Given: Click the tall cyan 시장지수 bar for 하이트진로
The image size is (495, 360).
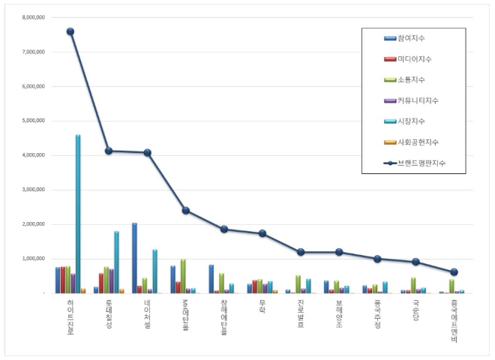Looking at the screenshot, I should tap(78, 214).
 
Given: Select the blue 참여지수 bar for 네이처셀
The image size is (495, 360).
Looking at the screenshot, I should tap(135, 258).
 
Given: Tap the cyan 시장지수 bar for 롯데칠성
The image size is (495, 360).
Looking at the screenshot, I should tap(116, 262).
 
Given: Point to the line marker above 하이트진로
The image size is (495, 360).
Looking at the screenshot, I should tap(70, 31).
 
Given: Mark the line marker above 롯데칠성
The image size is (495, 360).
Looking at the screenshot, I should tap(109, 151).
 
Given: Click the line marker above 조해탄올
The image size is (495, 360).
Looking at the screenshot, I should tap(185, 211).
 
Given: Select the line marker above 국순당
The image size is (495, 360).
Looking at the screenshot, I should tap(416, 262).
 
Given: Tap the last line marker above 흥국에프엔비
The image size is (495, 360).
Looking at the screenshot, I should tap(454, 272).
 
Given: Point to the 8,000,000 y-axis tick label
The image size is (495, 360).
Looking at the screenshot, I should tap(34, 17).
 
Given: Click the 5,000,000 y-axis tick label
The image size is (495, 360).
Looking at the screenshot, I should tap(34, 121).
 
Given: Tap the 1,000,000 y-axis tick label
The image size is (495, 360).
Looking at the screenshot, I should tap(34, 259).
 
